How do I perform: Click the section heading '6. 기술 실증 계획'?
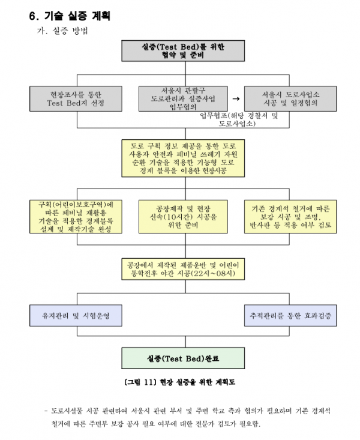(70, 16)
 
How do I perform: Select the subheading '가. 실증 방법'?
(62, 31)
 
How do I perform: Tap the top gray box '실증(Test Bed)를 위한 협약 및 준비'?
(183, 51)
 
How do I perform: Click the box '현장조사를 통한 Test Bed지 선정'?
(76, 99)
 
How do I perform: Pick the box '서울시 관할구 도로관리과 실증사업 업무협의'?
(183, 99)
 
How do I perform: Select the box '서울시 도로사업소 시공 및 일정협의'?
(290, 99)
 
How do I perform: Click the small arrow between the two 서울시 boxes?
(236, 99)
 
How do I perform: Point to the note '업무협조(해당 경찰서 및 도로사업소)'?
(239, 119)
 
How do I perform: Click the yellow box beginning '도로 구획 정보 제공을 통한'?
(183, 158)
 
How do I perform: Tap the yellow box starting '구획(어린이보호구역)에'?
(76, 217)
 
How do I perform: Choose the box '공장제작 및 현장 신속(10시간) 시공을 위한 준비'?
(183, 217)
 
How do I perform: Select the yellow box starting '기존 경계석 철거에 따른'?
(290, 217)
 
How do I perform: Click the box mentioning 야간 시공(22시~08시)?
(183, 269)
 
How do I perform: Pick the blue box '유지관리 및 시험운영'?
(76, 316)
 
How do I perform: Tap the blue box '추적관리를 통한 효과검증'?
(290, 316)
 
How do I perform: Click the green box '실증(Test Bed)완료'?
(183, 358)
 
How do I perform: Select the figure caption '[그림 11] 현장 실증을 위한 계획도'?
(179, 382)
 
